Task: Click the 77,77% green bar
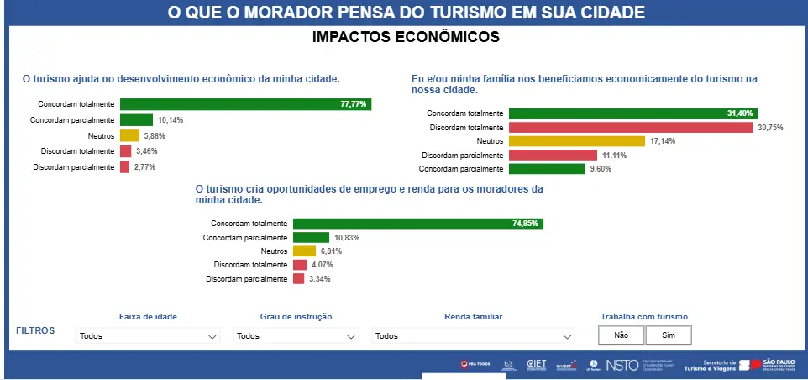click(245, 104)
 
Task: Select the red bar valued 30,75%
click(630, 127)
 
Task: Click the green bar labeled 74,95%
click(417, 224)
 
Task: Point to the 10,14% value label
click(171, 120)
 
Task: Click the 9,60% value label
click(600, 169)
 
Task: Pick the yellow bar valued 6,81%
click(304, 251)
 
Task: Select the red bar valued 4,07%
click(299, 265)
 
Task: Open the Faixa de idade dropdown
click(148, 336)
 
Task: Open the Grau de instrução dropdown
click(296, 336)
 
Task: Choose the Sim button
click(669, 335)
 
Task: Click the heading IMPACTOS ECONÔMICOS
click(406, 37)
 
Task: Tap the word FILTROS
click(35, 330)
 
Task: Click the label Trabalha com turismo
click(644, 317)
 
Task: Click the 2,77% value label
click(145, 167)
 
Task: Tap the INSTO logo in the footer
click(622, 365)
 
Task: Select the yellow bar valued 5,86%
click(129, 135)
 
